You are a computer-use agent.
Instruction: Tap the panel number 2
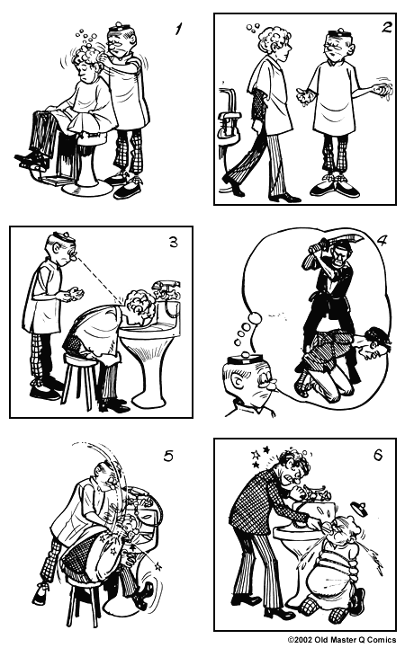(x=384, y=27)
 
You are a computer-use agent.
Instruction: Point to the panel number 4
(x=381, y=241)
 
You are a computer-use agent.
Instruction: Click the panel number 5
(x=167, y=456)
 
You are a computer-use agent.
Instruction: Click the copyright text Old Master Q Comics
(x=342, y=640)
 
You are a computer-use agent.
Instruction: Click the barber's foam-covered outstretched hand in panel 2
(x=378, y=92)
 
